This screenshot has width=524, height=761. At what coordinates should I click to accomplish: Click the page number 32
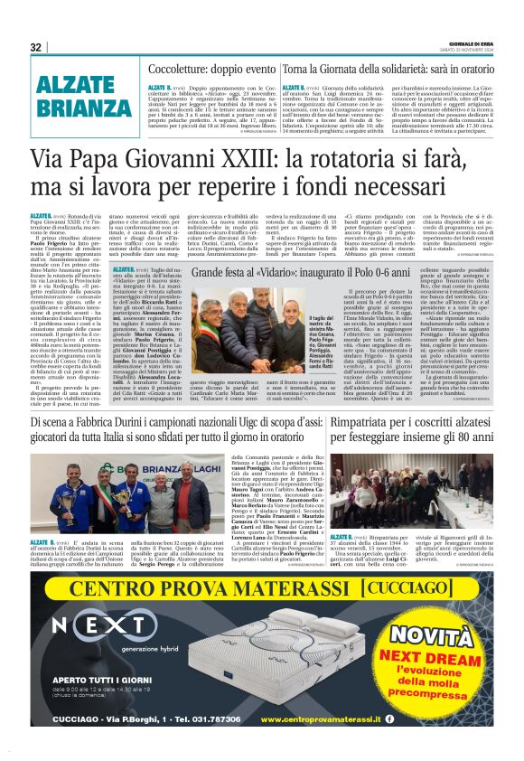coord(36,47)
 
